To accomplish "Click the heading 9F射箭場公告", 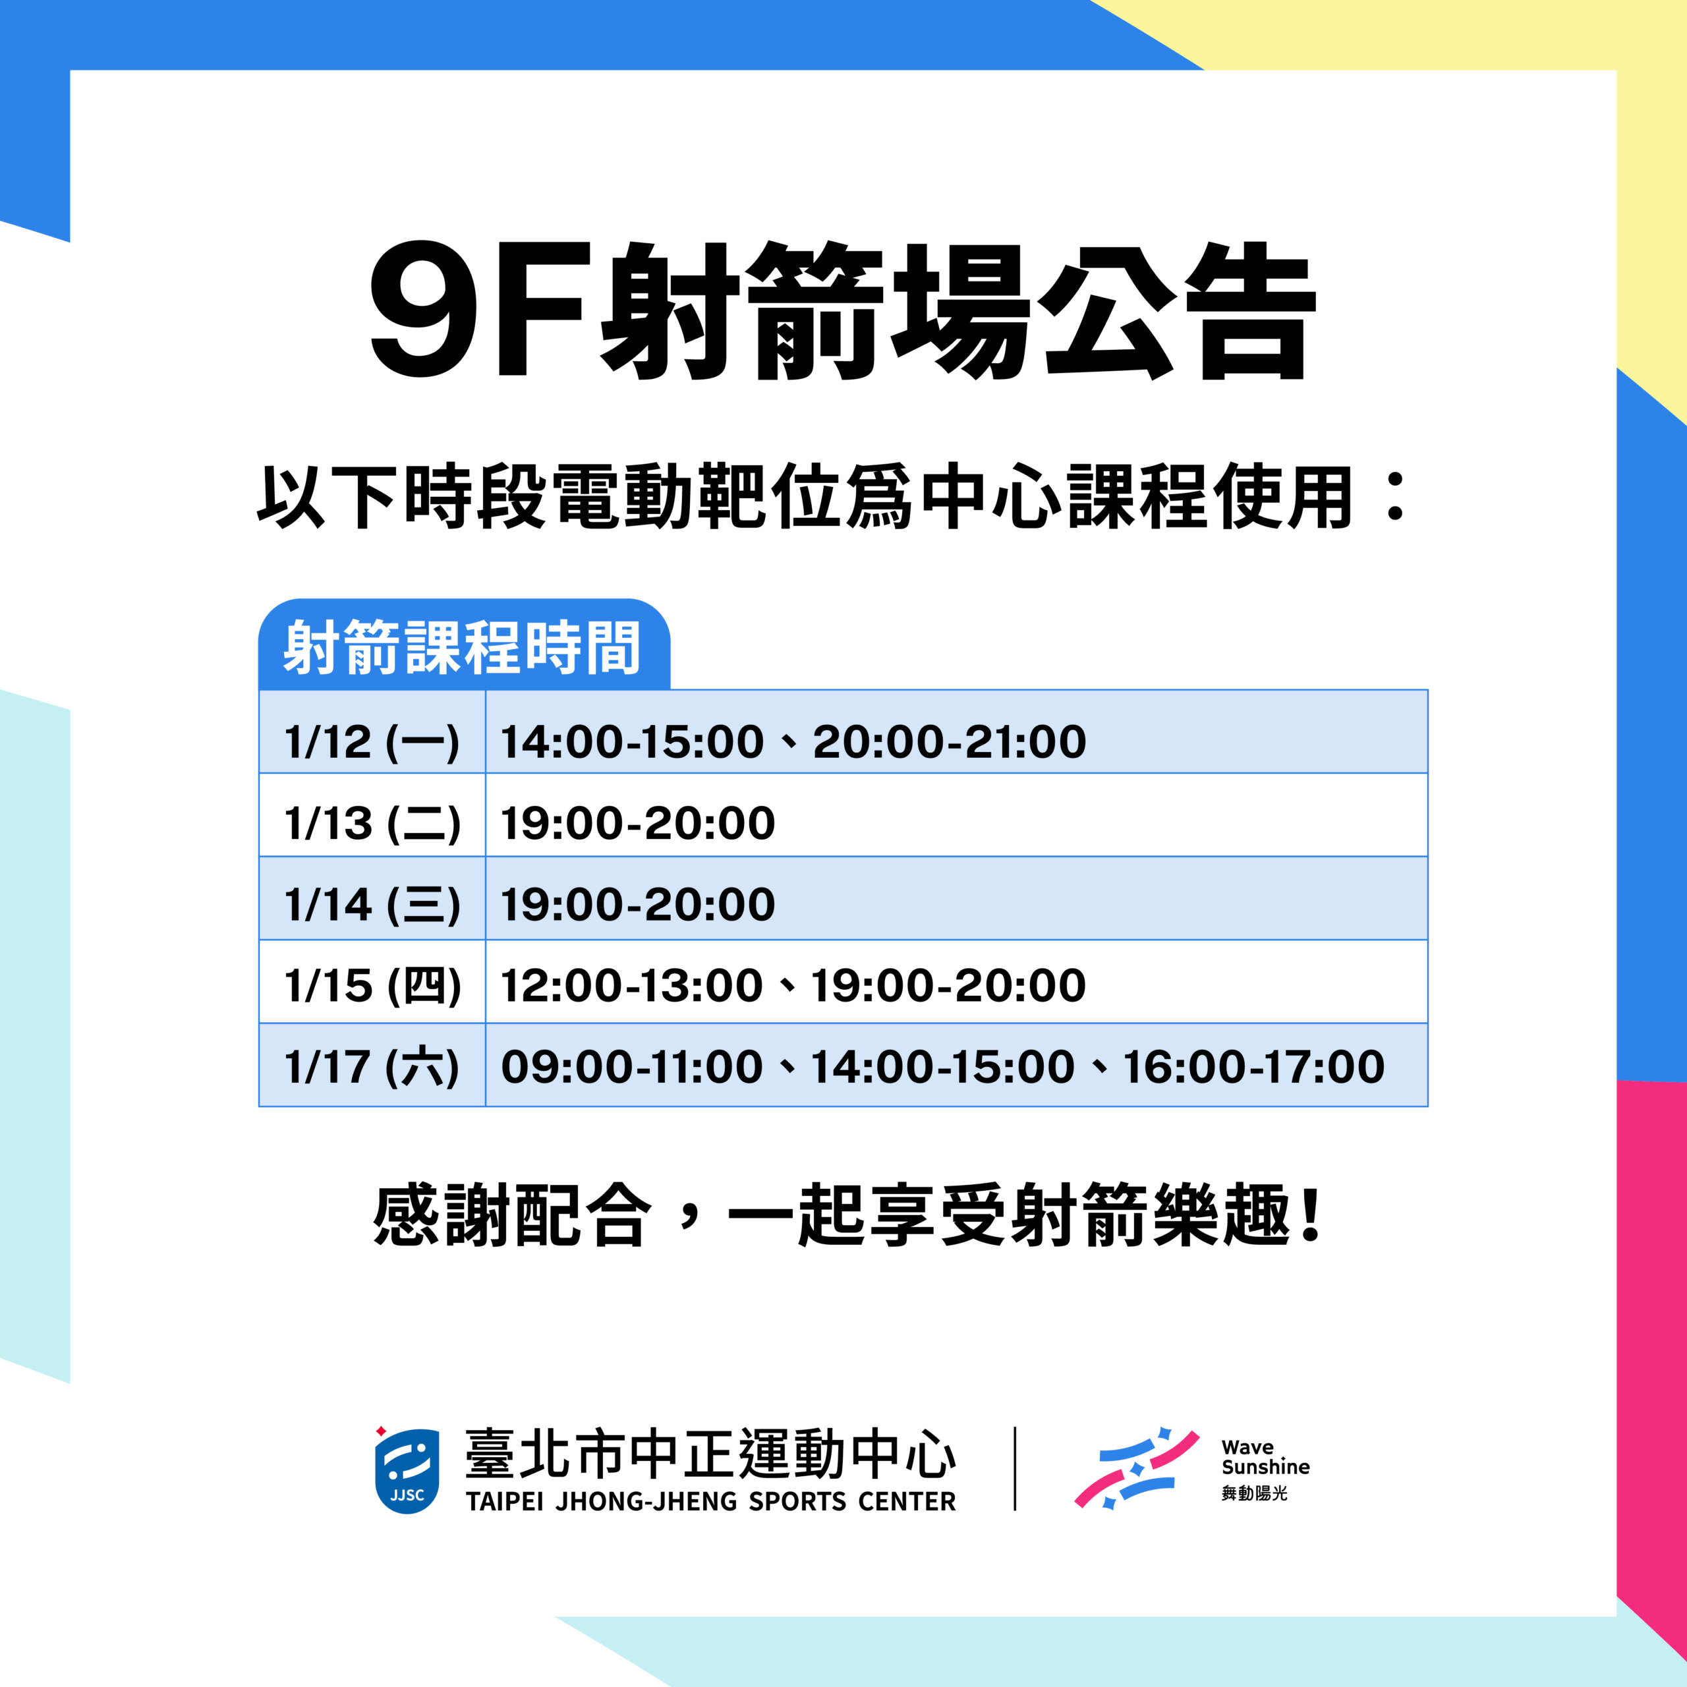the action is [843, 311].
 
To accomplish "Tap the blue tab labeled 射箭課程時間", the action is [464, 645].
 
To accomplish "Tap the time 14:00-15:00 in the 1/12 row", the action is [632, 742].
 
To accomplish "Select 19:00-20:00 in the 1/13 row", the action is [637, 824].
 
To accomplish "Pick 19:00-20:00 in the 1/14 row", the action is [637, 905].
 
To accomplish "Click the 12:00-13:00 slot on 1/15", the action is [632, 986].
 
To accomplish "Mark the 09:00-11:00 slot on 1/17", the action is [632, 1067].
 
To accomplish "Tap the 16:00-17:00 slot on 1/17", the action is [1254, 1067].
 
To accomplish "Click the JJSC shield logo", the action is [406, 1470].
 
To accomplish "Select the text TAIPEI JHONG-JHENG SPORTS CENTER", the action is [711, 1501].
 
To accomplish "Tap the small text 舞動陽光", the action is [1254, 1493].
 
